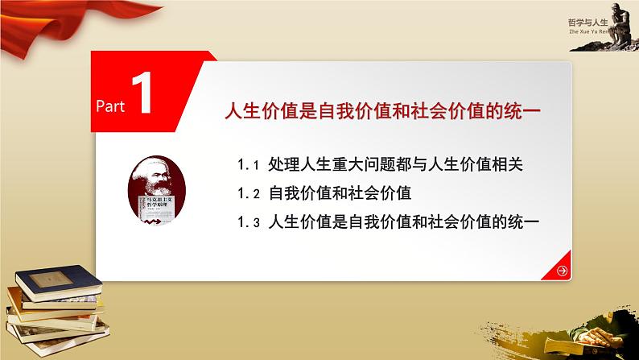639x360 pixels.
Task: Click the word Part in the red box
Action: tap(111, 106)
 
